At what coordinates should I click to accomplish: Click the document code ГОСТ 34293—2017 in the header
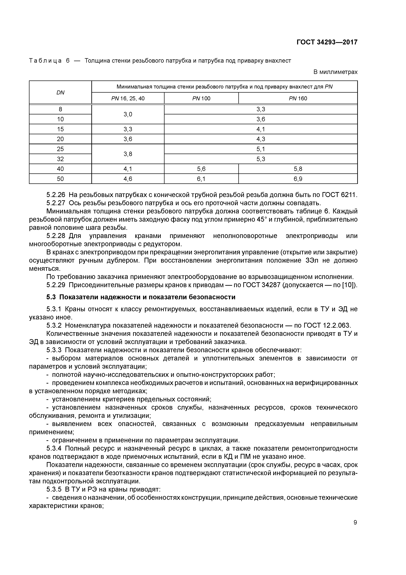click(x=327, y=42)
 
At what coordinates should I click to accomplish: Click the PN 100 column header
click(x=201, y=98)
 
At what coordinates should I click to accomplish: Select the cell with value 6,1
click(x=201, y=179)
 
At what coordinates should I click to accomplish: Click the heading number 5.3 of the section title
click(x=52, y=297)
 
